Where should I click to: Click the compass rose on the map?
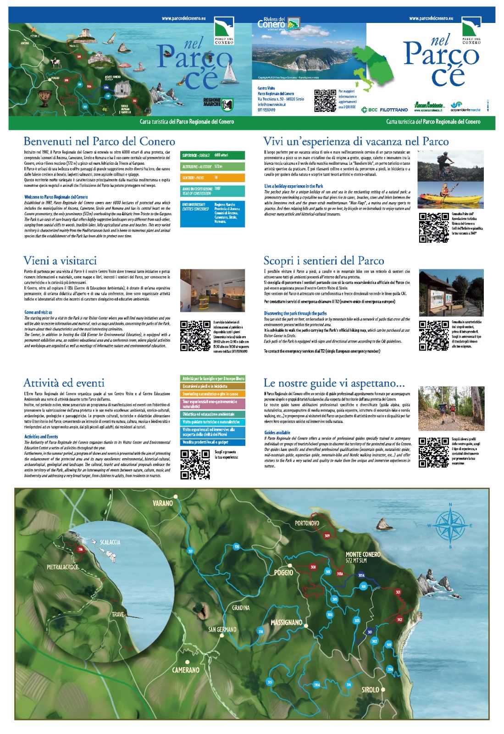(x=450, y=525)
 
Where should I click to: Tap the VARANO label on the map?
(x=163, y=503)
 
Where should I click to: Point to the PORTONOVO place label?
(x=307, y=523)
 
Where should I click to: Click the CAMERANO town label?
(x=186, y=670)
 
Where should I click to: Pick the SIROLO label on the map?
(x=370, y=690)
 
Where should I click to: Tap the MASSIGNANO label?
(x=286, y=623)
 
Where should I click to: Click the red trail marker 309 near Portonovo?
(x=327, y=536)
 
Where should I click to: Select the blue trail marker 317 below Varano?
(x=191, y=551)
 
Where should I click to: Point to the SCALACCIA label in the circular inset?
(x=110, y=542)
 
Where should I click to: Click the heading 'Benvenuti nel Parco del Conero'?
(x=99, y=141)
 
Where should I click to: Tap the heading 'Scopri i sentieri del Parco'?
(x=323, y=261)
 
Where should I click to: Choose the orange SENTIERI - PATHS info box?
(x=213, y=178)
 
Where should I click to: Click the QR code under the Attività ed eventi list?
(x=195, y=464)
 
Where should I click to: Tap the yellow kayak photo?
(x=439, y=194)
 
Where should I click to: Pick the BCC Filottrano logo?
(x=384, y=110)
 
